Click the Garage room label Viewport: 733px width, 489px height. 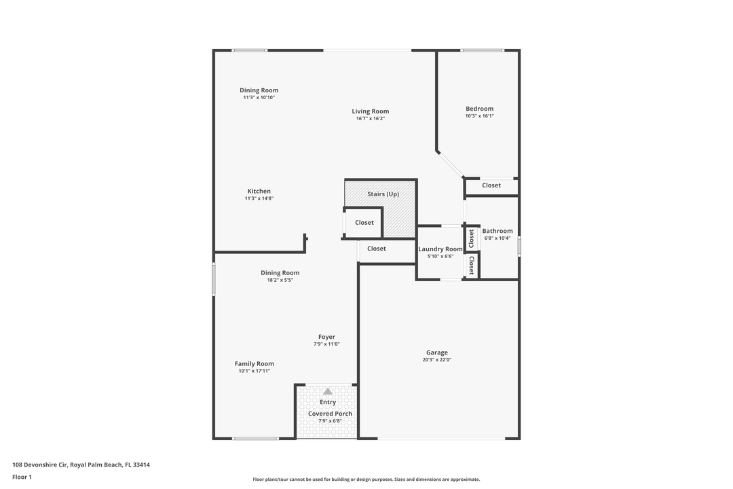[436, 352]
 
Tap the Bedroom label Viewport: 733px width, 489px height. [479, 109]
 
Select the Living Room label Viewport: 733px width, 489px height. [370, 111]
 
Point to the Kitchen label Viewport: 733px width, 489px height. [259, 192]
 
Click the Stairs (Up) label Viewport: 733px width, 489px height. [383, 194]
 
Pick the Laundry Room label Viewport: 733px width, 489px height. [440, 249]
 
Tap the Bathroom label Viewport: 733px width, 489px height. [497, 231]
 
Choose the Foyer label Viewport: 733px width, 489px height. [326, 337]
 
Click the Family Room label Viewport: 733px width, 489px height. [255, 364]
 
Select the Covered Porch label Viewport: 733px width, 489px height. [330, 414]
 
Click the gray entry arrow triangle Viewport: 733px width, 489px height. [328, 391]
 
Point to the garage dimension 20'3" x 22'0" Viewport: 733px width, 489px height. [436, 360]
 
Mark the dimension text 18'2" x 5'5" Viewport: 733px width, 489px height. [280, 280]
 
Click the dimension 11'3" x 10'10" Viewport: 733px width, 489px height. [259, 98]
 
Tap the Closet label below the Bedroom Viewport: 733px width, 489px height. [491, 185]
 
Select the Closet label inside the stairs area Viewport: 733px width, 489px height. [364, 223]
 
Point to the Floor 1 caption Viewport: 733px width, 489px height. [22, 477]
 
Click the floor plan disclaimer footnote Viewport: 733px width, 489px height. [366, 479]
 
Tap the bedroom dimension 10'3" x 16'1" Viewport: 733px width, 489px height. [479, 116]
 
